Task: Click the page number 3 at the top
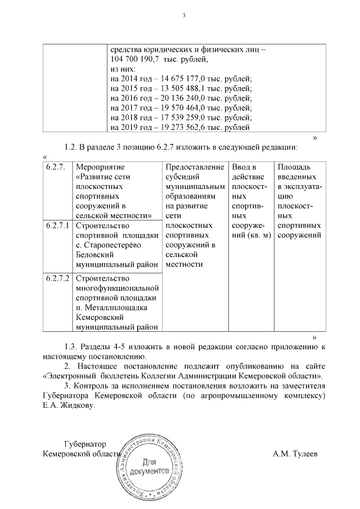(x=183, y=15)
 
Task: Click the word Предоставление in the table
(x=193, y=167)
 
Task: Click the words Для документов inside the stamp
(x=148, y=465)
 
